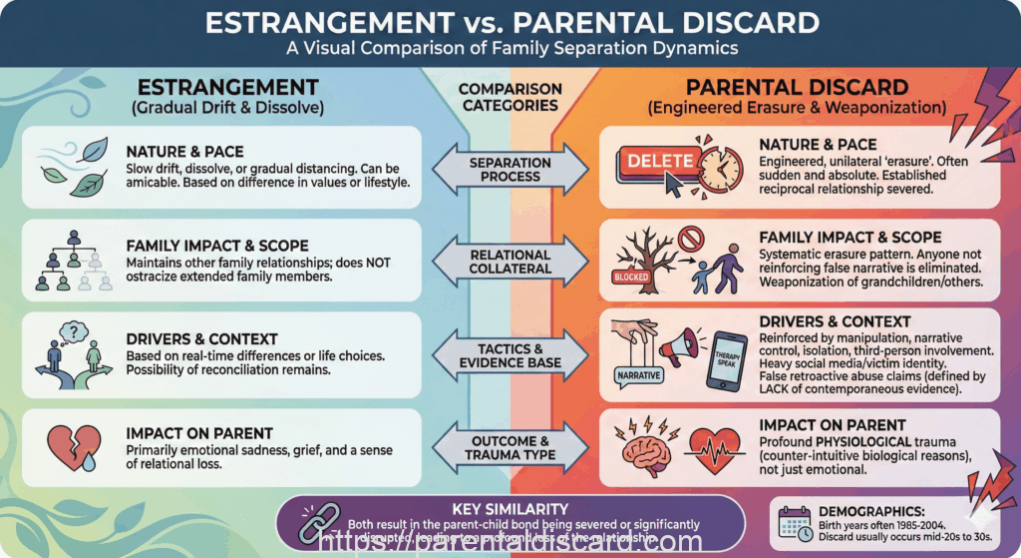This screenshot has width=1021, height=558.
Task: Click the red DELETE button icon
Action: tap(659, 159)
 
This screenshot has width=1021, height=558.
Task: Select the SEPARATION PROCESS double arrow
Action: tap(510, 169)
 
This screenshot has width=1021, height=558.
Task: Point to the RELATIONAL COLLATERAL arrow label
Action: tap(510, 263)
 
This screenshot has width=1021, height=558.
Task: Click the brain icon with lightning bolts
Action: tap(647, 450)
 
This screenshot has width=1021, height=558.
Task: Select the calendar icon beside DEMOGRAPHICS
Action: tap(796, 521)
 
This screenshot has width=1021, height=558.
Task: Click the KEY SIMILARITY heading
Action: tap(510, 507)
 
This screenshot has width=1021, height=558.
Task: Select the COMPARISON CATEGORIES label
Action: tap(510, 97)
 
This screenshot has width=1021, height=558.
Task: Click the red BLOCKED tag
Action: tap(632, 278)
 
